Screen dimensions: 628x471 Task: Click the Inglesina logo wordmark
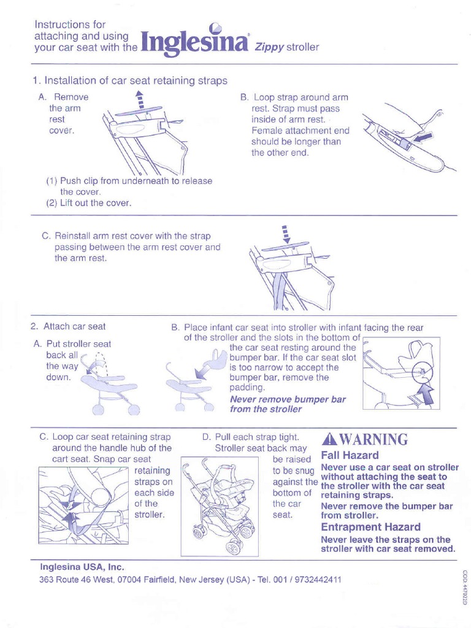point(195,43)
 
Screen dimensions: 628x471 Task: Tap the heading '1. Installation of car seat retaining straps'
point(129,80)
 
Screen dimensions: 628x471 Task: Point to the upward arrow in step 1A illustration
point(140,99)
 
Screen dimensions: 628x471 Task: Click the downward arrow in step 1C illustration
point(284,234)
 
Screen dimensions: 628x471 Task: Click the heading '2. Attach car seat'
point(68,327)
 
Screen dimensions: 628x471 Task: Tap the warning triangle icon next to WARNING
point(329,440)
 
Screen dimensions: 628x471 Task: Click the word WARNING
point(373,440)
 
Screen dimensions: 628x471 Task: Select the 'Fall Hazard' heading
point(350,455)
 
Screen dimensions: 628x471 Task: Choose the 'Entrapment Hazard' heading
point(370,527)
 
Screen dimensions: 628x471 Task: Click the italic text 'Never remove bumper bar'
point(288,399)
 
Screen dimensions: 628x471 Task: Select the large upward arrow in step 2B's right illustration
point(426,392)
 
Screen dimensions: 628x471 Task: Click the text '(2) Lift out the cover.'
point(89,203)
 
